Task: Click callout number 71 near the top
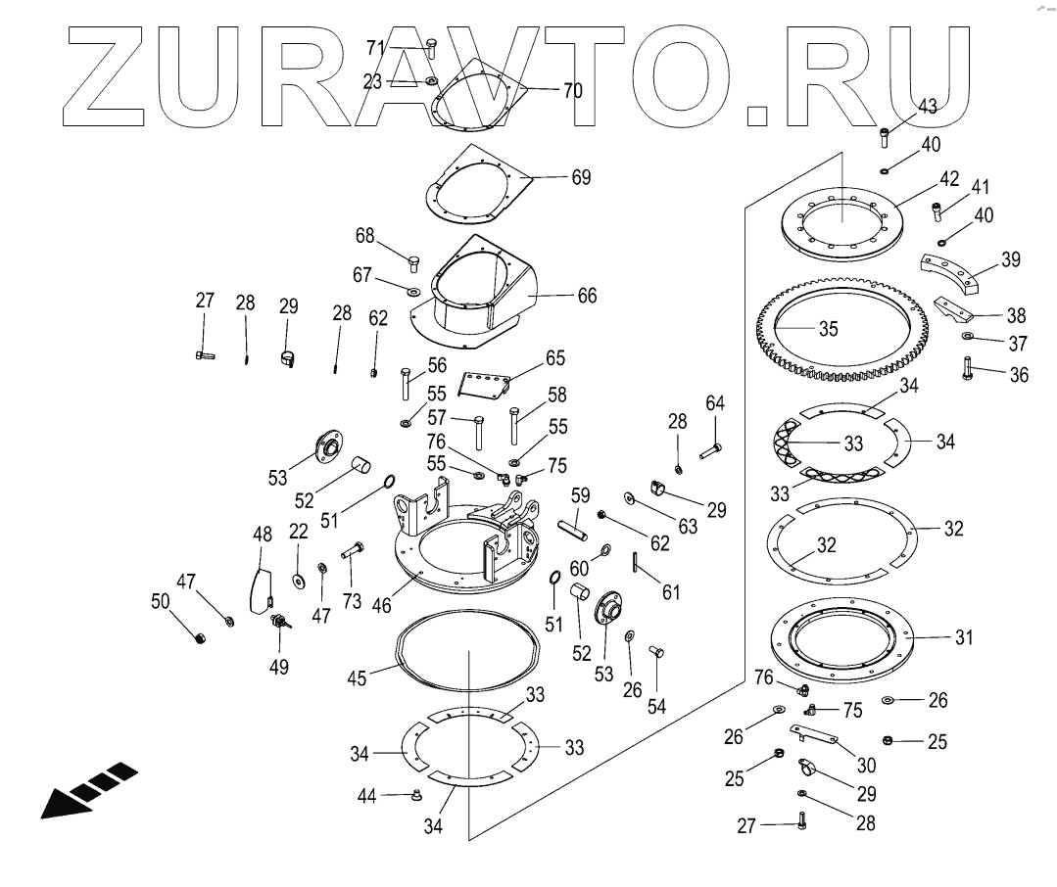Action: (376, 47)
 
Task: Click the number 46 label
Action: (381, 606)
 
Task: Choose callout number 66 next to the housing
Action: (586, 295)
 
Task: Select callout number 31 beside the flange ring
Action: (965, 637)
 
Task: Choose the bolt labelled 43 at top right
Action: (885, 133)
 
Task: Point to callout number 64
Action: (715, 402)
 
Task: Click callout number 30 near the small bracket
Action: (866, 766)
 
